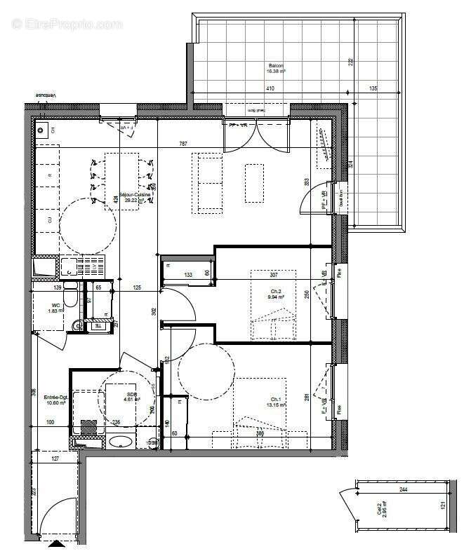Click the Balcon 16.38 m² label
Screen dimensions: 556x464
pos(275,68)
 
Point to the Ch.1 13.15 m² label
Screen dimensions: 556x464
pos(275,402)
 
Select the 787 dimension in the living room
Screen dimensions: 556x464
pos(183,144)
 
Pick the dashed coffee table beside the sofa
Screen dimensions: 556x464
pos(254,183)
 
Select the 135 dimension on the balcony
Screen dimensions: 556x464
pos(373,89)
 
